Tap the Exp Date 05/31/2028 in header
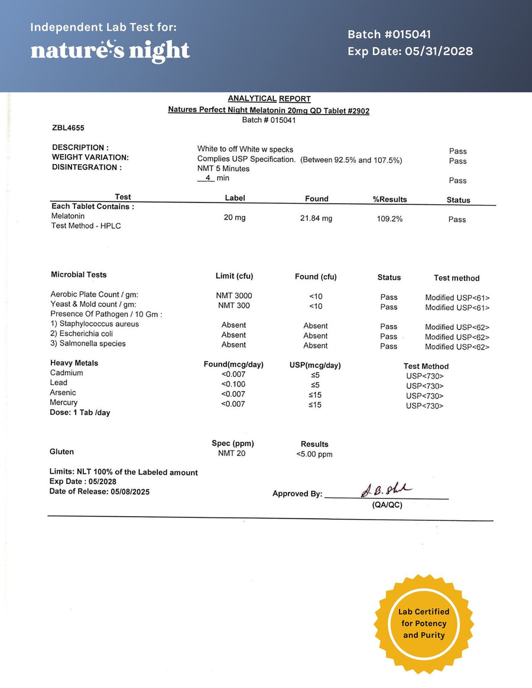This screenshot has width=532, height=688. click(x=410, y=51)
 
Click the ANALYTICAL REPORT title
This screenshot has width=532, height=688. click(x=269, y=99)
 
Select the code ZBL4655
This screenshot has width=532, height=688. click(x=68, y=127)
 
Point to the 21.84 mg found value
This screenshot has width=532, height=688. click(x=316, y=219)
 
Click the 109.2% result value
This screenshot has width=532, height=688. click(x=390, y=219)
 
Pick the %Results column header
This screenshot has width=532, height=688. click(x=390, y=200)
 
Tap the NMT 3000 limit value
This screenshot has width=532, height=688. click(x=234, y=295)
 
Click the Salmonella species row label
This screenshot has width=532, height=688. click(x=88, y=344)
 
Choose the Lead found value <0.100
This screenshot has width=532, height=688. click(x=233, y=384)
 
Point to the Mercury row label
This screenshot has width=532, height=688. click(x=64, y=403)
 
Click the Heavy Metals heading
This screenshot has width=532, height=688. click(x=74, y=363)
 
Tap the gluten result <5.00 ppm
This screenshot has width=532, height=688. click(x=314, y=455)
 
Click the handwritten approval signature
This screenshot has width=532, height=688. click(x=386, y=490)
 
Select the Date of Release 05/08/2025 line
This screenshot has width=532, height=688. click(x=99, y=491)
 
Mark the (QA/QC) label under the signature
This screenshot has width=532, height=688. click(x=387, y=506)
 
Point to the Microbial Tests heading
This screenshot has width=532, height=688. click(x=79, y=275)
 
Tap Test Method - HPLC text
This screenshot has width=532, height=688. click(x=86, y=226)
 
